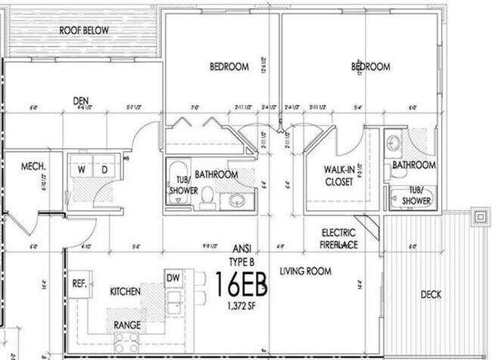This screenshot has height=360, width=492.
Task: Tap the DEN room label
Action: (81, 100)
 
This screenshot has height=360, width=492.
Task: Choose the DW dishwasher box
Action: (173, 278)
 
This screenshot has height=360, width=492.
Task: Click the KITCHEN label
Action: (126, 291)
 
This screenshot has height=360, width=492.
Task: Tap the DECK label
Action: (430, 294)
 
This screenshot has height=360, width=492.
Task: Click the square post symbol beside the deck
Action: (479, 216)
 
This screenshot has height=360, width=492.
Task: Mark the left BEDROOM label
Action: (229, 67)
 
